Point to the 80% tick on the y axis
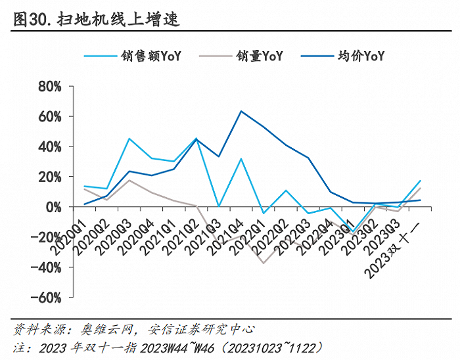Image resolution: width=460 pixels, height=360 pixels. pos(50,86)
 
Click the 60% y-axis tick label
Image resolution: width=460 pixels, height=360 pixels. pos(50,116)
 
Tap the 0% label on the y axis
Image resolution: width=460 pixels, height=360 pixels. pos(54,207)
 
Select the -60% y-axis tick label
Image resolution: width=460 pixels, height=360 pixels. pos(47,298)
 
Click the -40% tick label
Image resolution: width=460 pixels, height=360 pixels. pos(47,267)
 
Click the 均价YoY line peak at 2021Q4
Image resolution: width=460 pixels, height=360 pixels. pos(241,111)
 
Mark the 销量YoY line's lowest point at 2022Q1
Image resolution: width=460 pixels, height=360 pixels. pos(264,263)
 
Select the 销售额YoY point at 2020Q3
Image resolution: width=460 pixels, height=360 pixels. pos(129,139)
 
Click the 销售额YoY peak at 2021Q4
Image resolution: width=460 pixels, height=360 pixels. pos(241,159)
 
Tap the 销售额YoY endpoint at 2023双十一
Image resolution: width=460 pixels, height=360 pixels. pos(420,181)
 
